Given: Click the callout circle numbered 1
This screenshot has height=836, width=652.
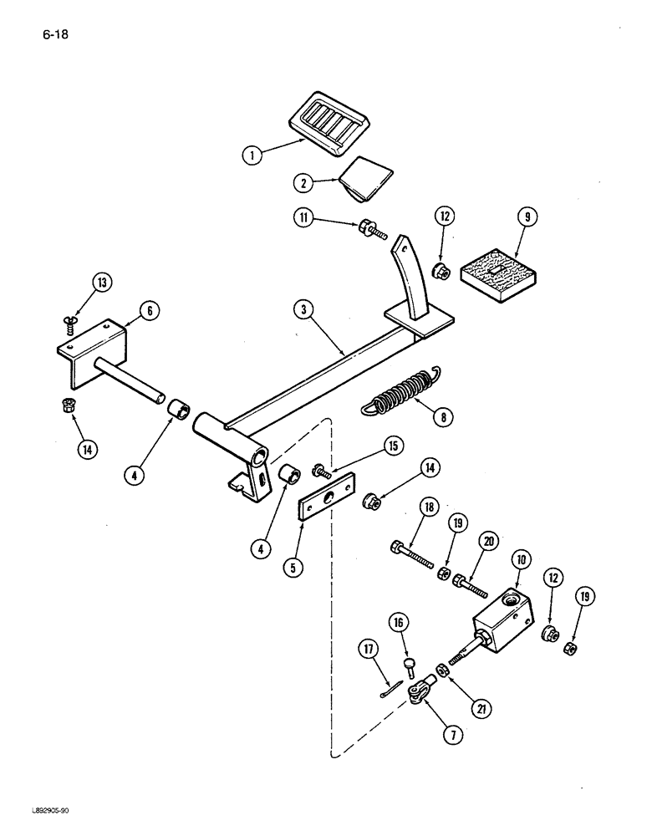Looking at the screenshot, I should click(x=249, y=154).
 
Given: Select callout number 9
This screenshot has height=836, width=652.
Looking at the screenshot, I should click(x=526, y=217).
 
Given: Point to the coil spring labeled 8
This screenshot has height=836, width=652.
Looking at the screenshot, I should click(x=399, y=395).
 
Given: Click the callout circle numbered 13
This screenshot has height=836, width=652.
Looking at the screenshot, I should click(x=101, y=283).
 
